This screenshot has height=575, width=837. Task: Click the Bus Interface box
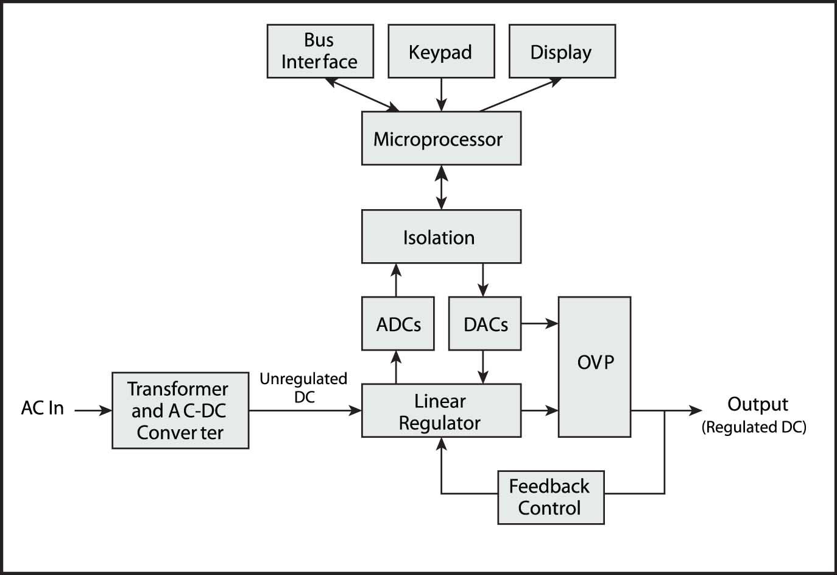pos(320,51)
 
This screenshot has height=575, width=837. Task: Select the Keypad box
pos(441,51)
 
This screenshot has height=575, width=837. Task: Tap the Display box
pos(562,51)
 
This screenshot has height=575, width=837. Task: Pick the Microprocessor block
pos(441,138)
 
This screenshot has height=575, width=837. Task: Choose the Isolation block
pos(441,237)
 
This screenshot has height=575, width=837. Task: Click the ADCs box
pos(398,324)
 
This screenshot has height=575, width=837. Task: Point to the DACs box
pos(485,324)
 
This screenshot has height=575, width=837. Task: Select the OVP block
pos(595,366)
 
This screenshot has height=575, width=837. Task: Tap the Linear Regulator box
pos(441,410)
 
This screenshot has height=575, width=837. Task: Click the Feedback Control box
pos(551,497)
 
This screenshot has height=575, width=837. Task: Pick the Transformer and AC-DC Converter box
pos(180,410)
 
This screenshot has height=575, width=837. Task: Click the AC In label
pos(43,408)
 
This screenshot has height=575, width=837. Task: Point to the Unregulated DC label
pos(303,387)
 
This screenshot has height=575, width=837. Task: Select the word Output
pos(757,404)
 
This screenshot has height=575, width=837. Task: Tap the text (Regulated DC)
pos(754,427)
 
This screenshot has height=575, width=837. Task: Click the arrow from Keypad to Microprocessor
pos(442,95)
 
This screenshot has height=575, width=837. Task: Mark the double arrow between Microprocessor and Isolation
pos(442,187)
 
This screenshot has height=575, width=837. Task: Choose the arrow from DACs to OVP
pos(540,324)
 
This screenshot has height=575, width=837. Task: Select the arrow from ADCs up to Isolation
pos(396,280)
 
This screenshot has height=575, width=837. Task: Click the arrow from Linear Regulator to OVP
pos(540,410)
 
